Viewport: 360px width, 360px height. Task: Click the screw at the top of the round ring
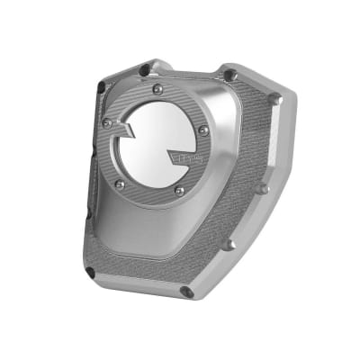click(x=158, y=89)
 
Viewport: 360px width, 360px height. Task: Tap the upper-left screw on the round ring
click(x=107, y=122)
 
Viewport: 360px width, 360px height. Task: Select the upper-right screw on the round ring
click(x=204, y=130)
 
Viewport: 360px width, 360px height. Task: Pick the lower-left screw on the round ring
click(x=119, y=184)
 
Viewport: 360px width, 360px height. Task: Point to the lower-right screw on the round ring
click(x=180, y=191)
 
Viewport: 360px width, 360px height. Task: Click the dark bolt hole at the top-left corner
click(x=145, y=68)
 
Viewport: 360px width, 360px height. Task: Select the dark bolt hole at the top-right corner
click(x=229, y=75)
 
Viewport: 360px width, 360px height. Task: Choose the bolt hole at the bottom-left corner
click(x=91, y=269)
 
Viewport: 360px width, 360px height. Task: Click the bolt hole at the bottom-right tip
click(x=186, y=292)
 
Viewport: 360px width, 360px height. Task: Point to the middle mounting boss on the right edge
click(x=261, y=188)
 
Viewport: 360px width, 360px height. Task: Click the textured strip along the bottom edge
click(x=135, y=270)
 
